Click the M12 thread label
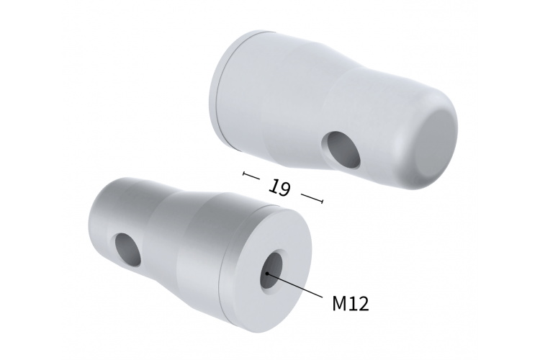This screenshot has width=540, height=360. click(x=351, y=303)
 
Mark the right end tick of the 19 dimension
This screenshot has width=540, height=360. click(x=321, y=200)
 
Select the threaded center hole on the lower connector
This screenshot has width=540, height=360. click(x=273, y=271)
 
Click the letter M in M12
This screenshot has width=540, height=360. click(x=339, y=303)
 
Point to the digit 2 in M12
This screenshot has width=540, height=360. click(x=363, y=303)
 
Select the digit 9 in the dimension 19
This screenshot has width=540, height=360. click(x=284, y=189)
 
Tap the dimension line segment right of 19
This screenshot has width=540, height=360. click(x=310, y=197)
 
